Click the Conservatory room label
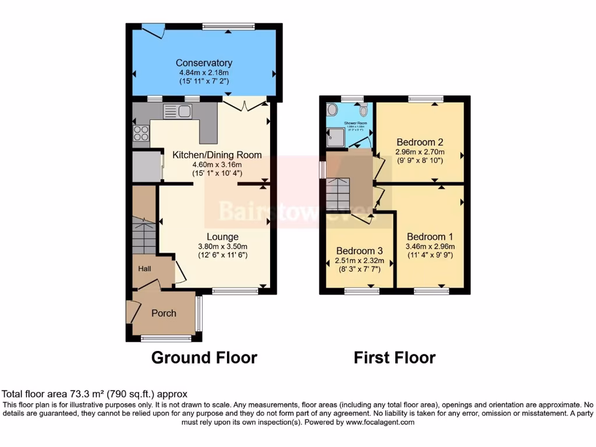click(204, 63)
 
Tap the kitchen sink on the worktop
click(178, 111)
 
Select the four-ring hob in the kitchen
click(141, 133)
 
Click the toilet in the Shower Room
click(364, 110)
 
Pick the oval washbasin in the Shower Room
click(332, 110)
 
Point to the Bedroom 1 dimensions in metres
click(430, 246)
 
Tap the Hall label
click(144, 269)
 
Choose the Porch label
click(164, 313)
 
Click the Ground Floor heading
click(204, 357)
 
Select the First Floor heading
click(394, 357)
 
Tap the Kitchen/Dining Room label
click(217, 155)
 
